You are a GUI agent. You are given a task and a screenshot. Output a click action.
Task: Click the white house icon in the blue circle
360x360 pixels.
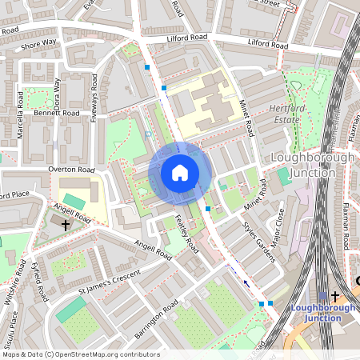click(x=180, y=173)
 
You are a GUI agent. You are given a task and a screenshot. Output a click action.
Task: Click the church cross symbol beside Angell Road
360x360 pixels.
click(x=66, y=226)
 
